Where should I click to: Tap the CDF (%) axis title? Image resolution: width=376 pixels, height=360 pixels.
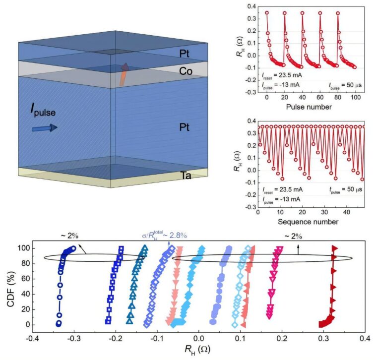11,287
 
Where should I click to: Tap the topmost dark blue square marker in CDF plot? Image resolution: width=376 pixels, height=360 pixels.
121,248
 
